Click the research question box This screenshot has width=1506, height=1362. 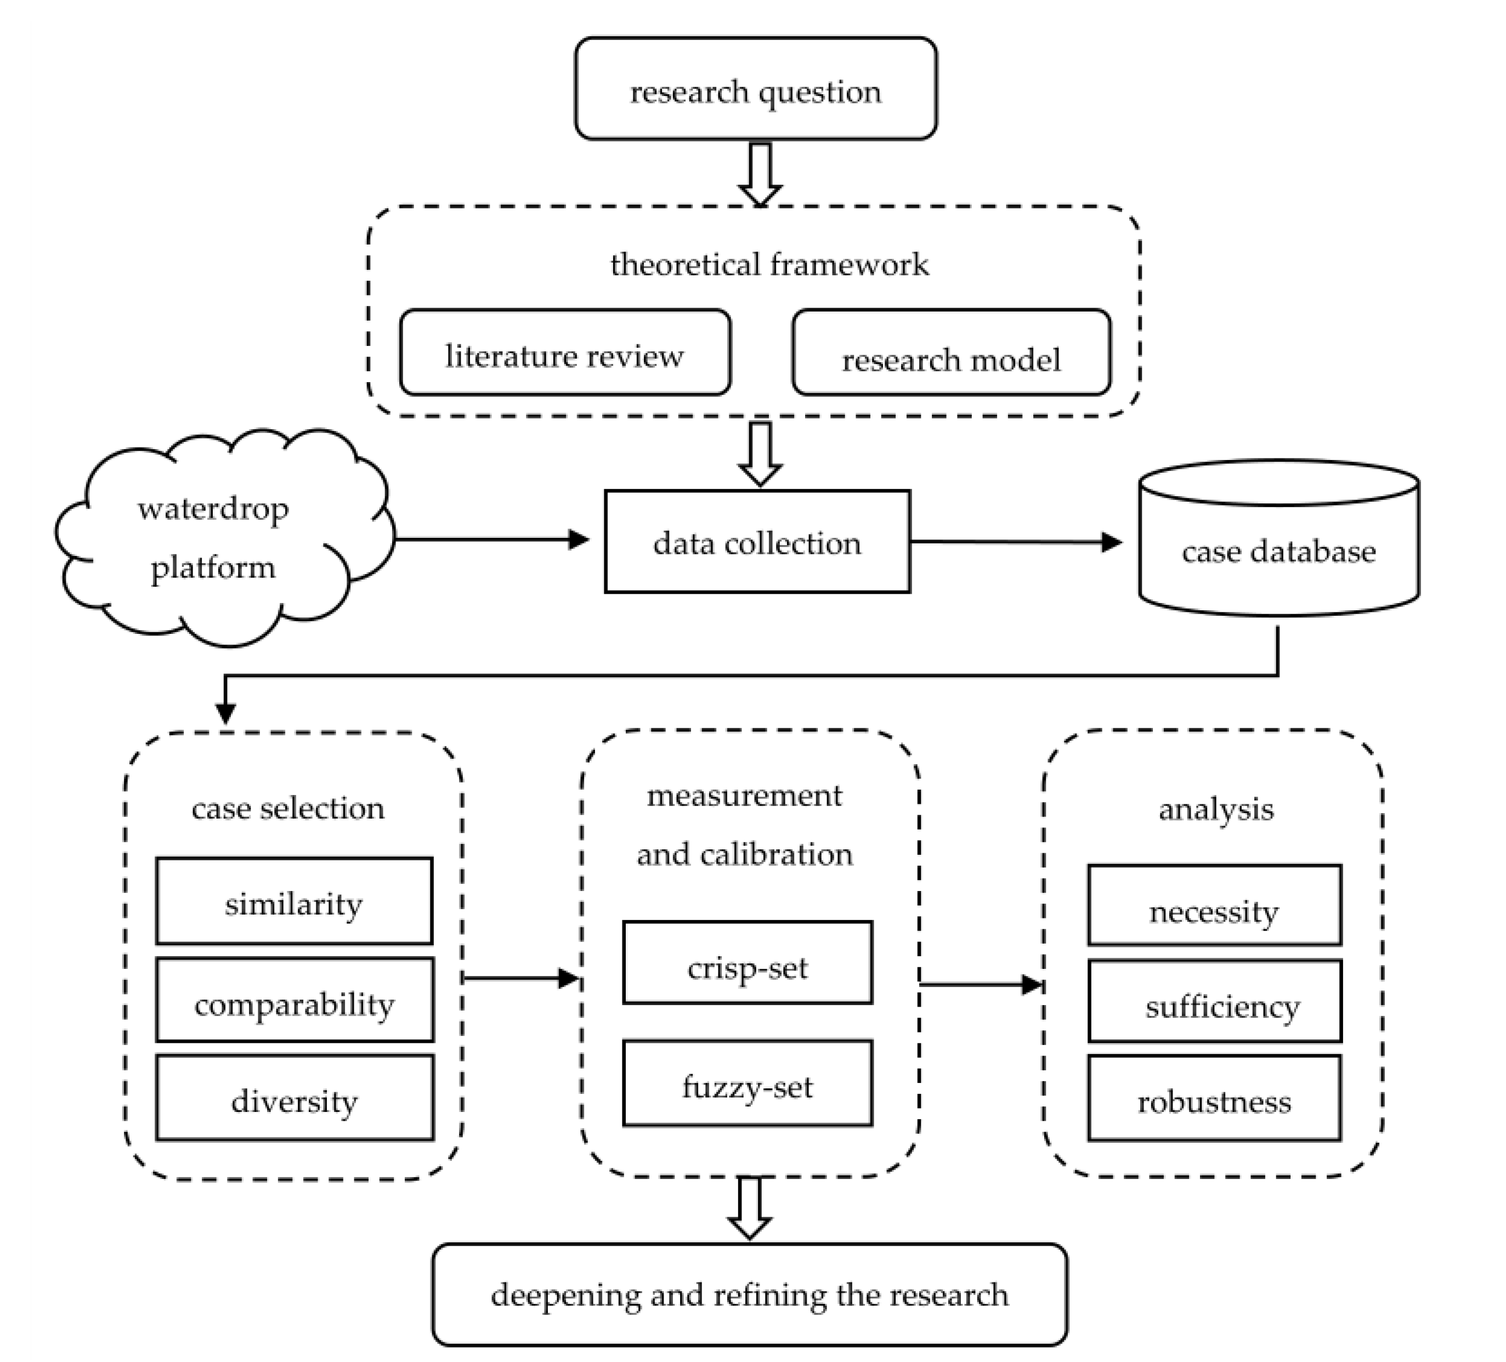click(755, 89)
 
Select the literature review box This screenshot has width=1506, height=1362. click(565, 353)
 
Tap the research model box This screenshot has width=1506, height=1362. click(951, 353)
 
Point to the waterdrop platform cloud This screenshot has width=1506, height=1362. click(217, 538)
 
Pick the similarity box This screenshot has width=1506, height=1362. click(293, 901)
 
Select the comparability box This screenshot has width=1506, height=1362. click(295, 1000)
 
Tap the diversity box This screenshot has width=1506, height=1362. click(295, 1098)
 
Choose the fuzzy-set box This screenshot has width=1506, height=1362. click(747, 1083)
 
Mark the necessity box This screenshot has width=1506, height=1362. click(1214, 905)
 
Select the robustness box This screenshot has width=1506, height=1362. click(1214, 1098)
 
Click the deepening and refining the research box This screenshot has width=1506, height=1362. click(749, 1294)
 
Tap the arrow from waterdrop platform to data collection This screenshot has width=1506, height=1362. click(493, 539)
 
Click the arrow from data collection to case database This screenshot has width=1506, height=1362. click(1016, 542)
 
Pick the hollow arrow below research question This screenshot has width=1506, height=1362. click(760, 173)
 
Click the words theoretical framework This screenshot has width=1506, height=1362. click(769, 264)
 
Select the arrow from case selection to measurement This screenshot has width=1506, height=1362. click(520, 978)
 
